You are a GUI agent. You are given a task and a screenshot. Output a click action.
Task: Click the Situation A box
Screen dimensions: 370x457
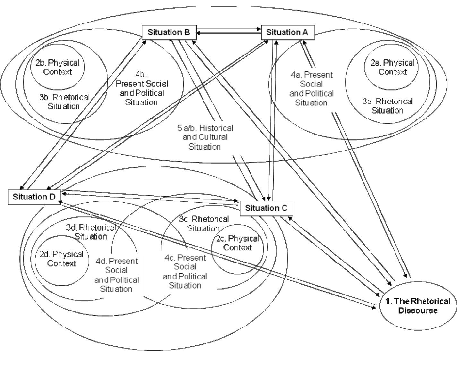[x=288, y=32]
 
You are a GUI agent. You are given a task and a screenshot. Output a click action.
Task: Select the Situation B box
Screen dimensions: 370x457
[x=169, y=32]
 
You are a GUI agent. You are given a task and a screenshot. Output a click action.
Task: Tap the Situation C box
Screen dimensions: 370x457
[x=266, y=208]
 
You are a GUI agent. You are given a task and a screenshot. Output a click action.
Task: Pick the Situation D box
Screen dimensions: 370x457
[x=34, y=197]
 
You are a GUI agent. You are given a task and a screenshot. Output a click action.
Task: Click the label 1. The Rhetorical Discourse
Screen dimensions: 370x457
[x=418, y=306]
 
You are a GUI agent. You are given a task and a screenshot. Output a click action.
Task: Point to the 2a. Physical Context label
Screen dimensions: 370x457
[x=392, y=67]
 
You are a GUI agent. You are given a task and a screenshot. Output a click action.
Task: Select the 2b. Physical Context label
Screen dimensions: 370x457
[x=57, y=67]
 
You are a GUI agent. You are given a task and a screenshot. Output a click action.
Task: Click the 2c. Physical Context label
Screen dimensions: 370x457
[x=237, y=243]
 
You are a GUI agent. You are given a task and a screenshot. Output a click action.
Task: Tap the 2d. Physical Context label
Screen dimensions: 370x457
[x=62, y=259]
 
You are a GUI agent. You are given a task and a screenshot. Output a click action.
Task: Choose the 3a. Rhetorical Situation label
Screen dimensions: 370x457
[x=387, y=106]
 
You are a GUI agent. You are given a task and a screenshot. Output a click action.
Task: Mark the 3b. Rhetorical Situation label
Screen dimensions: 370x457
[x=64, y=102]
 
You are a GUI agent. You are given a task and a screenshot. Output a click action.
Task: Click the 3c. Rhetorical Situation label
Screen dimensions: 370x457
[x=204, y=223]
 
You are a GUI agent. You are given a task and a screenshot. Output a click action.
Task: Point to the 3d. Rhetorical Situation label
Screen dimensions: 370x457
[x=91, y=232]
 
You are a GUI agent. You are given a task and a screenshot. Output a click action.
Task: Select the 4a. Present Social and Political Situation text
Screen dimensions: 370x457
[x=311, y=88]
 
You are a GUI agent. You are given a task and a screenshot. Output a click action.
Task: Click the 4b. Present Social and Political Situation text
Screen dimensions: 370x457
[x=142, y=88]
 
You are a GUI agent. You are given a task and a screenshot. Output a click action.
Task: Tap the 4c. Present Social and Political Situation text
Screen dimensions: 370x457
[x=185, y=271]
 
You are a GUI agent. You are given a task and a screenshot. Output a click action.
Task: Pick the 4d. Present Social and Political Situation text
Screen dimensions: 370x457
[x=116, y=275]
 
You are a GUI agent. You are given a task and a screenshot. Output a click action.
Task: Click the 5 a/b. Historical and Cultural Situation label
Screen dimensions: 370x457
[x=205, y=137]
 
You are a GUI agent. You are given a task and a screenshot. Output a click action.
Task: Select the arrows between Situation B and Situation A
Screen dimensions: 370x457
[x=229, y=31]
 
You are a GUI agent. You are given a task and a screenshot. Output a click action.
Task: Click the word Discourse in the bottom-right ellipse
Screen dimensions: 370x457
[x=418, y=310]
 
